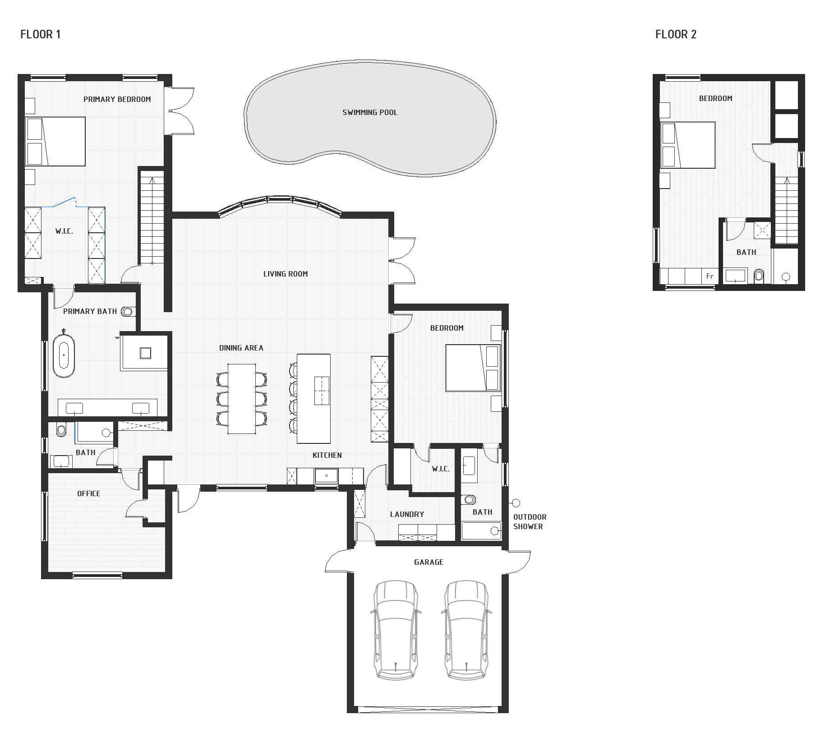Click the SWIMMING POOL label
coord(370,112)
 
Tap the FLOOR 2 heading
coord(676,34)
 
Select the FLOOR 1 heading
coord(41,34)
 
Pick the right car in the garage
coord(465,630)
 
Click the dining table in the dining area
coord(242,399)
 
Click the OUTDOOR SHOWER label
coord(530,521)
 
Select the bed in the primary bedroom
coord(55,142)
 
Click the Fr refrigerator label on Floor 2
coord(710,276)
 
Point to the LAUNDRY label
coord(407,514)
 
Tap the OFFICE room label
coord(89,493)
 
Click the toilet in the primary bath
coord(128,311)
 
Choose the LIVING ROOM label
coord(286,274)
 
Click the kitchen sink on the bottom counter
coord(327,475)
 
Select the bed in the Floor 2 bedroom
coord(688,145)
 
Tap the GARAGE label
coord(429,562)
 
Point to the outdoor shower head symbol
coord(516,503)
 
